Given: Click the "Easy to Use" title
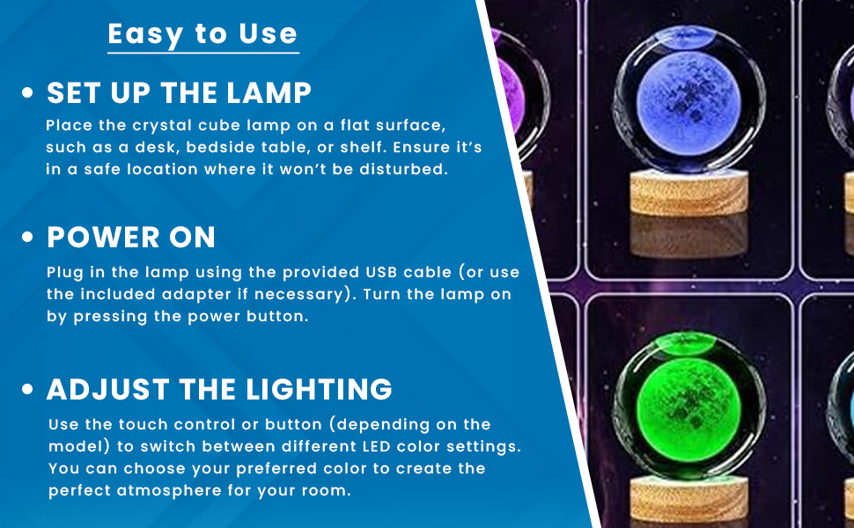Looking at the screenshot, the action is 202,34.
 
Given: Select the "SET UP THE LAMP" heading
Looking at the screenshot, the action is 179,92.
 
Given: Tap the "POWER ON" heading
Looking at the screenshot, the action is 130,238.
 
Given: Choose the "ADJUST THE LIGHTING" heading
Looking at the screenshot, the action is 219,389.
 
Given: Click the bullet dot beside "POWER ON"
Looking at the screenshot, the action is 27,238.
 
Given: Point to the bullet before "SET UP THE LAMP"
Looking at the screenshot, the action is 27,92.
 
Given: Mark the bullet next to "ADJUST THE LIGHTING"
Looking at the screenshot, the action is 27,389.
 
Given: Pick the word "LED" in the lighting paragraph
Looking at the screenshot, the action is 377,447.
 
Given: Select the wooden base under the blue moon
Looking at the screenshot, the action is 689,193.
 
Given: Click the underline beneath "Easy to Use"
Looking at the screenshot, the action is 203,53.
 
